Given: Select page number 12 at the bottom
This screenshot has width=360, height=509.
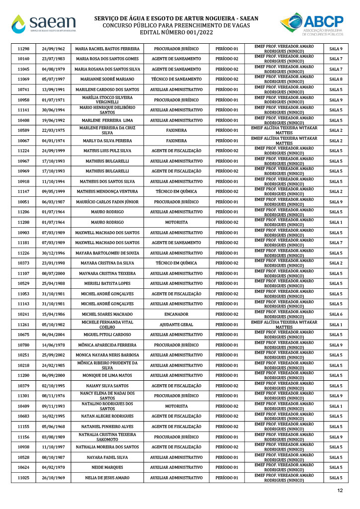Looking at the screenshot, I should point(340,491).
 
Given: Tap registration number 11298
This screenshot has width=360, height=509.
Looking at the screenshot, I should point(23,49).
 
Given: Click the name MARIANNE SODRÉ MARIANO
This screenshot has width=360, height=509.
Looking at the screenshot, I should point(107,80).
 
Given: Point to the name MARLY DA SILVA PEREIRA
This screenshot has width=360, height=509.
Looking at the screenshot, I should point(107,141).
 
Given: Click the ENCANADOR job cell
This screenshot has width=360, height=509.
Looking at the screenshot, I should point(176,314).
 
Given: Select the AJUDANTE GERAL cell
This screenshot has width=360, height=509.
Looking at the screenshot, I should point(176,325).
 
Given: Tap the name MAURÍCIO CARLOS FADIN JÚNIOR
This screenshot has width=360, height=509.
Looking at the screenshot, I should point(107,202).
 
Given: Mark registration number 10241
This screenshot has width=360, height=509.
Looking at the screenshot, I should point(23,314).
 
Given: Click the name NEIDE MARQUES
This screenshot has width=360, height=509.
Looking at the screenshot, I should point(107,467).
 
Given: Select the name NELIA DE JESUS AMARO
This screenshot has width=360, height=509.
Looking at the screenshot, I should point(107,478).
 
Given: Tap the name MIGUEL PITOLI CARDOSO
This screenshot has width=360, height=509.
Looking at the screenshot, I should point(107,335).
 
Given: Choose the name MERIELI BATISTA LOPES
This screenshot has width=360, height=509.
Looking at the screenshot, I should point(107,283).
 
